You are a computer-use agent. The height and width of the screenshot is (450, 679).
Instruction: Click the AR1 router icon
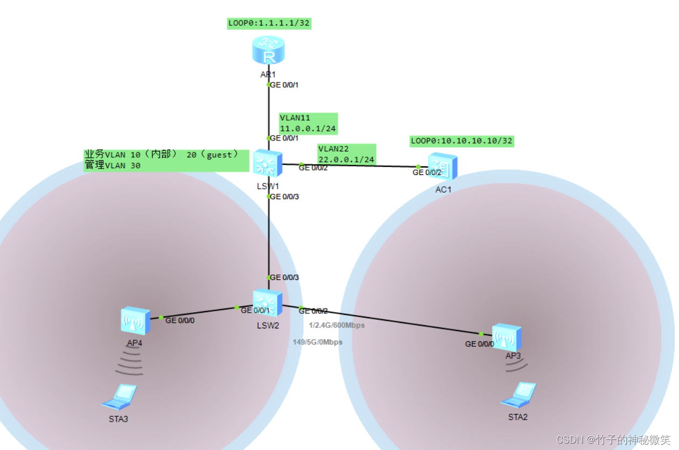[x=268, y=51]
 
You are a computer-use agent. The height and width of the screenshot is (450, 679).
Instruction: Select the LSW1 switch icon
[x=268, y=163]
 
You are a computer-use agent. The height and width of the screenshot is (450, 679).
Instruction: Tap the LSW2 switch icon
[x=268, y=303]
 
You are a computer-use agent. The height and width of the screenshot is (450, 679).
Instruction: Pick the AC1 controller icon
[x=443, y=166]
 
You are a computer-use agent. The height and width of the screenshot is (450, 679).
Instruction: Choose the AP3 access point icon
[x=507, y=337]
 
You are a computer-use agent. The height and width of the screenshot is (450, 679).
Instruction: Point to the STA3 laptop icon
[x=119, y=397]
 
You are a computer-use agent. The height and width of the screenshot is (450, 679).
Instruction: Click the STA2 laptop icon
[x=518, y=395]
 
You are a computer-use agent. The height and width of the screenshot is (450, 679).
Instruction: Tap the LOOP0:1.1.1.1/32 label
[x=269, y=23]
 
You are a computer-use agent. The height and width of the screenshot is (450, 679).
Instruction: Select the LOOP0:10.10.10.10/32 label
[x=462, y=141]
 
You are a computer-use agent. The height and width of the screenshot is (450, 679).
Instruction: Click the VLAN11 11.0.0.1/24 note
[x=308, y=123]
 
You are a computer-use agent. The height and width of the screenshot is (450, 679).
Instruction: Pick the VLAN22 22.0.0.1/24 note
[x=346, y=154]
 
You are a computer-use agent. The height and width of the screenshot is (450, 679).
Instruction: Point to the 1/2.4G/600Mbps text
[x=337, y=325]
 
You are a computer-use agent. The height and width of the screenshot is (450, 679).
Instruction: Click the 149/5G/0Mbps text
[x=317, y=342]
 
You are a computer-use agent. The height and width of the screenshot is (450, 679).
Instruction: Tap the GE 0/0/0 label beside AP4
[x=180, y=320]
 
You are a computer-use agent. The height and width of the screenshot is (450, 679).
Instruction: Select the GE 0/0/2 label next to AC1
[x=427, y=173]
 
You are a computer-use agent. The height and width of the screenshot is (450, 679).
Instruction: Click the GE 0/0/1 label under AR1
[x=284, y=85]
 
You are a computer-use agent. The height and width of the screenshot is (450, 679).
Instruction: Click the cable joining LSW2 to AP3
[x=388, y=320]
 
